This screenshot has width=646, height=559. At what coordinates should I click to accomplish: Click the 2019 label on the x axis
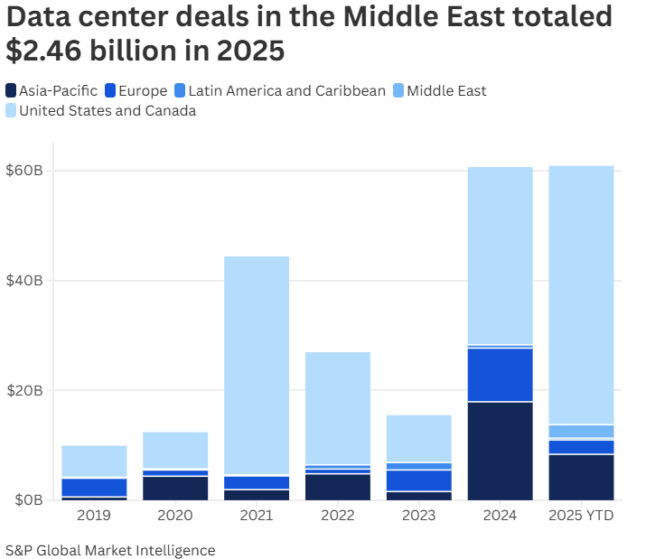94,516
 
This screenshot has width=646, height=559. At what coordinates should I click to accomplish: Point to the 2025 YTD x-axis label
581,516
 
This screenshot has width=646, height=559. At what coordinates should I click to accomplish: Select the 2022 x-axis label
338,516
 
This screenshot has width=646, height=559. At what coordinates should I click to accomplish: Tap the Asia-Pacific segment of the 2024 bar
500,451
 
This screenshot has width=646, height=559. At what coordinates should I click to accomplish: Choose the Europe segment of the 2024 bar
500,375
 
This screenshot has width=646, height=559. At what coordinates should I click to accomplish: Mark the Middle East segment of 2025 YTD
581,432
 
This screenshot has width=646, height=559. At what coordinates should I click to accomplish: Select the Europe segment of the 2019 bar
94,488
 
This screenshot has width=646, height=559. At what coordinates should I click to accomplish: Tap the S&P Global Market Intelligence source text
110,550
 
